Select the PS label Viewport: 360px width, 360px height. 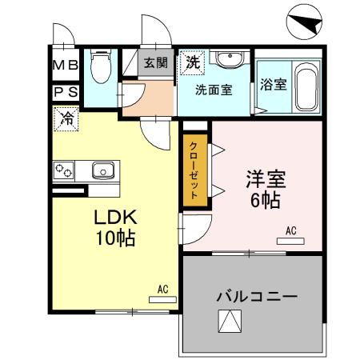click(66, 92)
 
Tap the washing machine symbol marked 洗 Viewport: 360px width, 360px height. click(193, 61)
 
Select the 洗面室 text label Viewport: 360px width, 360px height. click(214, 90)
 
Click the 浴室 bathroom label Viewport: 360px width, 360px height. click(274, 85)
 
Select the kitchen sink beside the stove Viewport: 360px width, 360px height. click(103, 170)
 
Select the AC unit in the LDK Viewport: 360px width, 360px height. click(162, 298)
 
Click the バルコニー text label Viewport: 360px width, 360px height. click(256, 296)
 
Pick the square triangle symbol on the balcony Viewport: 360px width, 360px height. click(229, 322)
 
